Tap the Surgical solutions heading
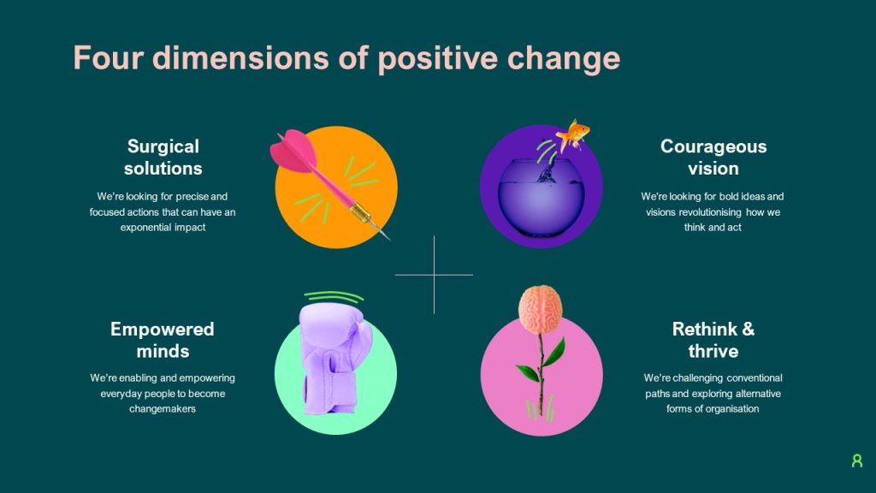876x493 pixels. click(x=163, y=157)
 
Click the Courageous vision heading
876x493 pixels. click(x=713, y=157)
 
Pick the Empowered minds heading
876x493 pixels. click(x=163, y=340)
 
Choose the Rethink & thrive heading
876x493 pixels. click(x=713, y=340)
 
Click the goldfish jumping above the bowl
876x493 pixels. click(x=574, y=133)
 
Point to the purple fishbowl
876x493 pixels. click(x=541, y=193)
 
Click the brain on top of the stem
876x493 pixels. click(x=541, y=306)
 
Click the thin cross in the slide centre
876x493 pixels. click(x=434, y=275)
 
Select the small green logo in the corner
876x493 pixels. click(x=856, y=460)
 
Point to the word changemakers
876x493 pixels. click(x=163, y=409)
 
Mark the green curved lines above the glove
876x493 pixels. click(x=334, y=296)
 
